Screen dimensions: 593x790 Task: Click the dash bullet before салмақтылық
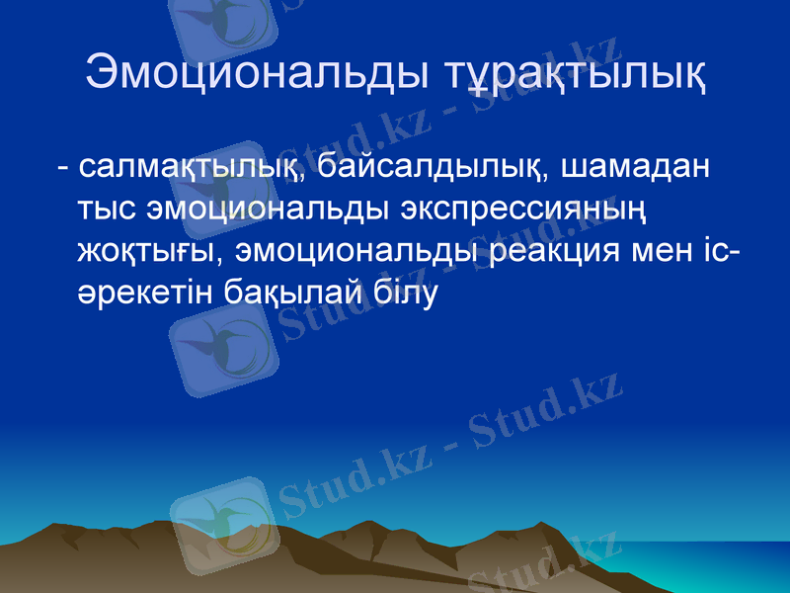click(63, 169)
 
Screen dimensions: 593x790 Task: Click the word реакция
click(551, 252)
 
